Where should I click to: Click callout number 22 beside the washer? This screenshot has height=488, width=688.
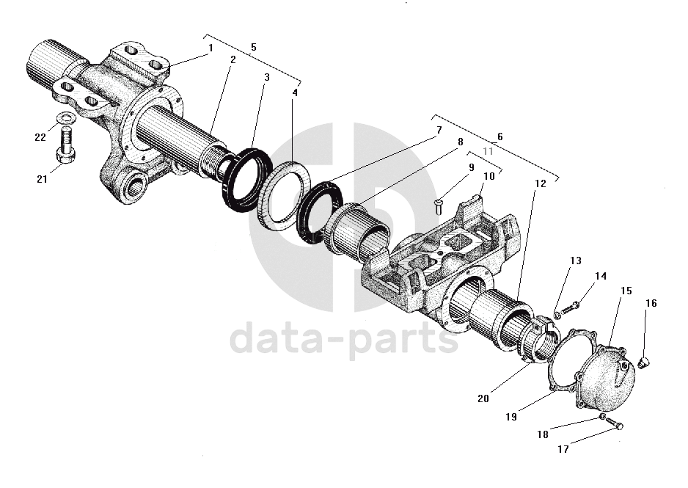point(40,136)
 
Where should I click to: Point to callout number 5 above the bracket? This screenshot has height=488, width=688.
point(253,47)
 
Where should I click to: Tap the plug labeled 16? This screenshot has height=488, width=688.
point(645,361)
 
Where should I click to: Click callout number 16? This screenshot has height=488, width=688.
point(651,303)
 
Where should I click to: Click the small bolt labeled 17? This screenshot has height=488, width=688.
point(617,424)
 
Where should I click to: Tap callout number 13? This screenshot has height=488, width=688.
point(575,261)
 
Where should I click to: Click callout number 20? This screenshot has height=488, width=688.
point(483,398)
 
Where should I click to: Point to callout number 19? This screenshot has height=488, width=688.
point(510,416)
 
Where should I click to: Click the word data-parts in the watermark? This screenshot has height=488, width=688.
point(345,340)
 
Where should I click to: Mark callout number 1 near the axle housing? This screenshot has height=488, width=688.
point(210,48)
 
